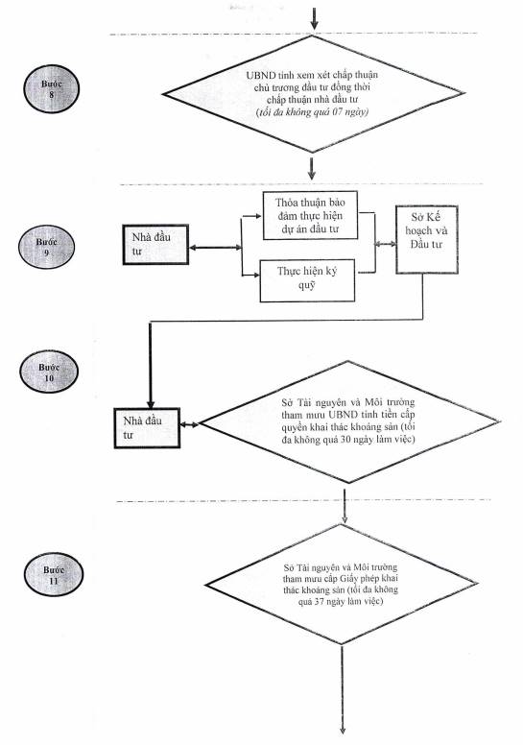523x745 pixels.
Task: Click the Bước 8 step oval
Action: tap(51, 89)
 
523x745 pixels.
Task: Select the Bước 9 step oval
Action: tap(47, 247)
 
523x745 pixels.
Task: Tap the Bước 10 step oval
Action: tap(49, 372)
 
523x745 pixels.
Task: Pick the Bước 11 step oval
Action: tap(54, 574)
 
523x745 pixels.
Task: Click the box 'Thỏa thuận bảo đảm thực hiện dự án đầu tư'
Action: tap(310, 215)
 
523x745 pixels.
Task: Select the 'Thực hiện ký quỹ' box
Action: tap(307, 280)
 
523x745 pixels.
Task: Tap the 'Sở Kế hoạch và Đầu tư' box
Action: tap(427, 239)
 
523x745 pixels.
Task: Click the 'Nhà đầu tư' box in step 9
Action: tap(155, 244)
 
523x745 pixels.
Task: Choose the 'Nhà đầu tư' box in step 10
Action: tap(147, 427)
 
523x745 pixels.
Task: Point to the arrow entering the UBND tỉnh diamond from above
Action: tap(314, 18)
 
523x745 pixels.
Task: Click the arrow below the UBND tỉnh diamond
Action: tap(312, 169)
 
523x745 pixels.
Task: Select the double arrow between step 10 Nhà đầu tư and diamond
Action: tap(190, 424)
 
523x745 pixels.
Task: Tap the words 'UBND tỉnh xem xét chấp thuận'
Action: tap(312, 75)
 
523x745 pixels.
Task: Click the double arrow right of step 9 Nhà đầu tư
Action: tap(215, 248)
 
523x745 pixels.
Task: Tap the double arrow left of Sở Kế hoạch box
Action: tap(385, 244)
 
